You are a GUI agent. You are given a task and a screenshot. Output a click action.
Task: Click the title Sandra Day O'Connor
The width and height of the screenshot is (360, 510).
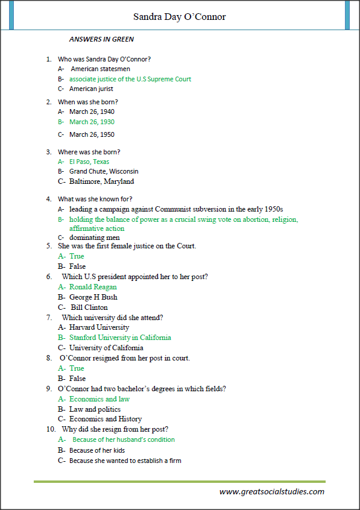(180, 17)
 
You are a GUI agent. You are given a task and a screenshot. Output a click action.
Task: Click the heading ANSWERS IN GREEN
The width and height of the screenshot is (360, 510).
(101, 40)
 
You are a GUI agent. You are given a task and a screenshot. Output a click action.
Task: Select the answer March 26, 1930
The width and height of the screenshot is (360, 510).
(92, 122)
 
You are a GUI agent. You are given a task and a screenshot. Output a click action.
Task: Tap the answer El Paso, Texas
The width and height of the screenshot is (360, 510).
(89, 162)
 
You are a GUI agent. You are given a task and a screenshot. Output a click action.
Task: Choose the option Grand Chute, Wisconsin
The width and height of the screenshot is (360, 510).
(104, 171)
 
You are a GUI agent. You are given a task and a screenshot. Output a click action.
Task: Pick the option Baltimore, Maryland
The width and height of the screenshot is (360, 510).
(101, 181)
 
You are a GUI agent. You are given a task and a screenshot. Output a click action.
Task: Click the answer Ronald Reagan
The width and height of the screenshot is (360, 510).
(93, 287)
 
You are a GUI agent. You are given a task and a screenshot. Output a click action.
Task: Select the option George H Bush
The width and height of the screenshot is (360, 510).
(93, 297)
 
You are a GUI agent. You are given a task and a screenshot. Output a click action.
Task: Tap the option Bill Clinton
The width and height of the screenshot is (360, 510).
(89, 307)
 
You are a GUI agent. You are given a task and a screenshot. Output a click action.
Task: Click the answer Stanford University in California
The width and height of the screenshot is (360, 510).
(120, 338)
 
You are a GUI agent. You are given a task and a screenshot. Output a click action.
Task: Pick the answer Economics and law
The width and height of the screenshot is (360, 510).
(99, 399)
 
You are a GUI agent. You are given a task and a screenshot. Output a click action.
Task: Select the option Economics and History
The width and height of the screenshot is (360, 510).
(106, 419)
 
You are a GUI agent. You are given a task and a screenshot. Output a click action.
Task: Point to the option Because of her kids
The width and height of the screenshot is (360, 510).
(98, 450)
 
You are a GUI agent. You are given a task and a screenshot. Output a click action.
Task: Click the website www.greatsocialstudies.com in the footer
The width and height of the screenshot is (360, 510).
(272, 491)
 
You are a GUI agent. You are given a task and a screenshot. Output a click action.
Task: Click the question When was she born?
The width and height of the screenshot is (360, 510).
(88, 102)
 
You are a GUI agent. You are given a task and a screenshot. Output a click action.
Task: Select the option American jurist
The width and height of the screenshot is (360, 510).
(92, 89)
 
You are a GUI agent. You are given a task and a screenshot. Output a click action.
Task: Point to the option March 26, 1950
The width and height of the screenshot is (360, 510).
(92, 134)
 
